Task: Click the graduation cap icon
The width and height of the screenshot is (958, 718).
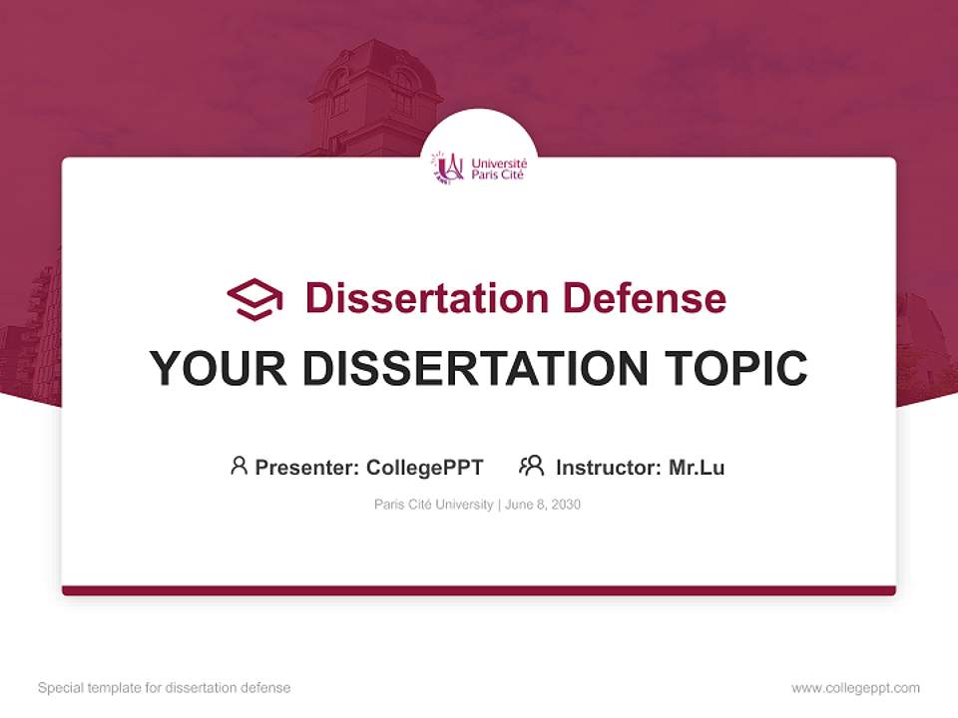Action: (254, 299)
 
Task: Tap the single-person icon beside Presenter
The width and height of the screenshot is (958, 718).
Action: (239, 466)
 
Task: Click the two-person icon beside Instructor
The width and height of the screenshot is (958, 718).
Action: (532, 466)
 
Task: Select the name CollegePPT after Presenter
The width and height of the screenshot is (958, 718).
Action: (425, 467)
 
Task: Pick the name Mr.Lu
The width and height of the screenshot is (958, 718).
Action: (697, 467)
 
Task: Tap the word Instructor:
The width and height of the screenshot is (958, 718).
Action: (609, 467)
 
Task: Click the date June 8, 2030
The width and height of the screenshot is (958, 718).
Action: (543, 505)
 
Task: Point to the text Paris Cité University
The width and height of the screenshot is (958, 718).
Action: (433, 505)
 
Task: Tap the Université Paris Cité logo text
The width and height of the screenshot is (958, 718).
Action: (498, 168)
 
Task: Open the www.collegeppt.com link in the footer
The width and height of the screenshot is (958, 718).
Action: (855, 688)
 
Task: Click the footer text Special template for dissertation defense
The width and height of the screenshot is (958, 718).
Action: (165, 688)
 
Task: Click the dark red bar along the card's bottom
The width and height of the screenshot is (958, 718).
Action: (479, 590)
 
